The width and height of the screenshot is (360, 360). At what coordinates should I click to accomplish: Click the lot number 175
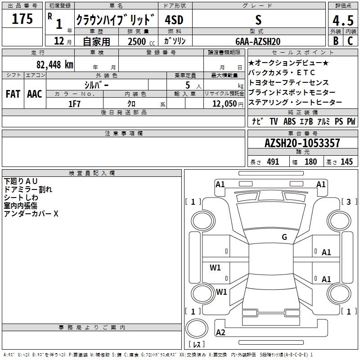(x=22, y=20)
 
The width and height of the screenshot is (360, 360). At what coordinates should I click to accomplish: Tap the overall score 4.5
(x=342, y=21)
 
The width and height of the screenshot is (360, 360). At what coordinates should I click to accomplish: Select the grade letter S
(x=258, y=20)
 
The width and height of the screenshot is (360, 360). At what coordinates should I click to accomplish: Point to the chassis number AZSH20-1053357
(x=302, y=144)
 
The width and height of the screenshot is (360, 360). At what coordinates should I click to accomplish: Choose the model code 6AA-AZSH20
(x=257, y=41)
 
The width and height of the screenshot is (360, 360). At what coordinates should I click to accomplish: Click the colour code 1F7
(x=74, y=104)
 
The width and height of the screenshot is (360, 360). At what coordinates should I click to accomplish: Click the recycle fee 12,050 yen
(x=224, y=104)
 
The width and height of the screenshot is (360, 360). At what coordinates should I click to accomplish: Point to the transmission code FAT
(x=13, y=94)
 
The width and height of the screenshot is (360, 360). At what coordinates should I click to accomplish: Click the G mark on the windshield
(x=284, y=237)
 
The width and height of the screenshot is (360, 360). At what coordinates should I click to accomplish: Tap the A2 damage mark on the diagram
(x=220, y=333)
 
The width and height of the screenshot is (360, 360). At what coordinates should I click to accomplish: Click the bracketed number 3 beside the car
(x=348, y=202)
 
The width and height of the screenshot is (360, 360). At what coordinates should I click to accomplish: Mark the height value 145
(x=346, y=162)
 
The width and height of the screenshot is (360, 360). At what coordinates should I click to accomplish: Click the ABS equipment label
(x=289, y=121)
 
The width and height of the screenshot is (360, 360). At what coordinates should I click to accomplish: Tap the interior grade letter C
(x=350, y=41)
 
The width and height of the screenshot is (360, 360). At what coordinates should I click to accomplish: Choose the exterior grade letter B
(x=335, y=41)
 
